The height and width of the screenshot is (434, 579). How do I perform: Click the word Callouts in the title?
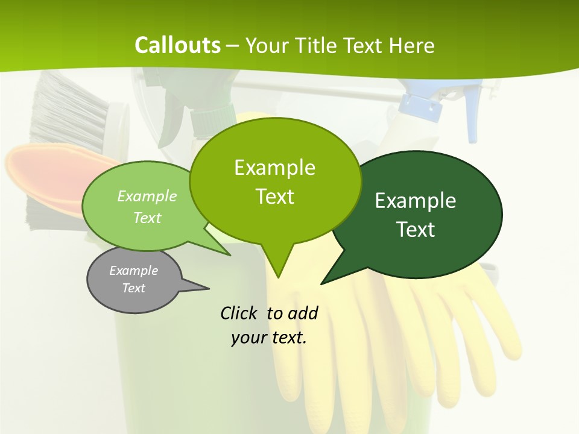[177, 45]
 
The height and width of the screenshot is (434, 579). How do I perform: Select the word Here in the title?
[412, 45]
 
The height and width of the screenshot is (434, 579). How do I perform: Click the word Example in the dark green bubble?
[416, 201]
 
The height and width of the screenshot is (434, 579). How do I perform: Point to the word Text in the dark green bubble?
[416, 230]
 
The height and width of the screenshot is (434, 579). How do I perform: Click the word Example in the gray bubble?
[133, 271]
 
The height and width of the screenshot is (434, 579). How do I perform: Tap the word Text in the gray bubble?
[133, 288]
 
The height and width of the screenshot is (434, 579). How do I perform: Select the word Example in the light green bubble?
[147, 196]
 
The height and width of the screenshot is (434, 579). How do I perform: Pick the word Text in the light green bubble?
[147, 218]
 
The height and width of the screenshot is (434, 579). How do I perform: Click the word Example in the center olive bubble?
[274, 167]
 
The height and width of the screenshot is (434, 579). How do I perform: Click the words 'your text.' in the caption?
[269, 338]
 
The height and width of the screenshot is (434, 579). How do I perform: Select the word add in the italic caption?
[302, 313]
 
